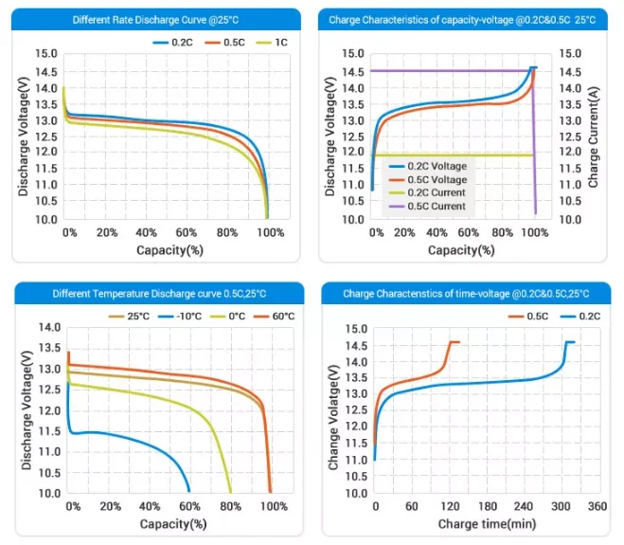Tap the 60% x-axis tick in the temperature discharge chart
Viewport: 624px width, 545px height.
click(190, 507)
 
